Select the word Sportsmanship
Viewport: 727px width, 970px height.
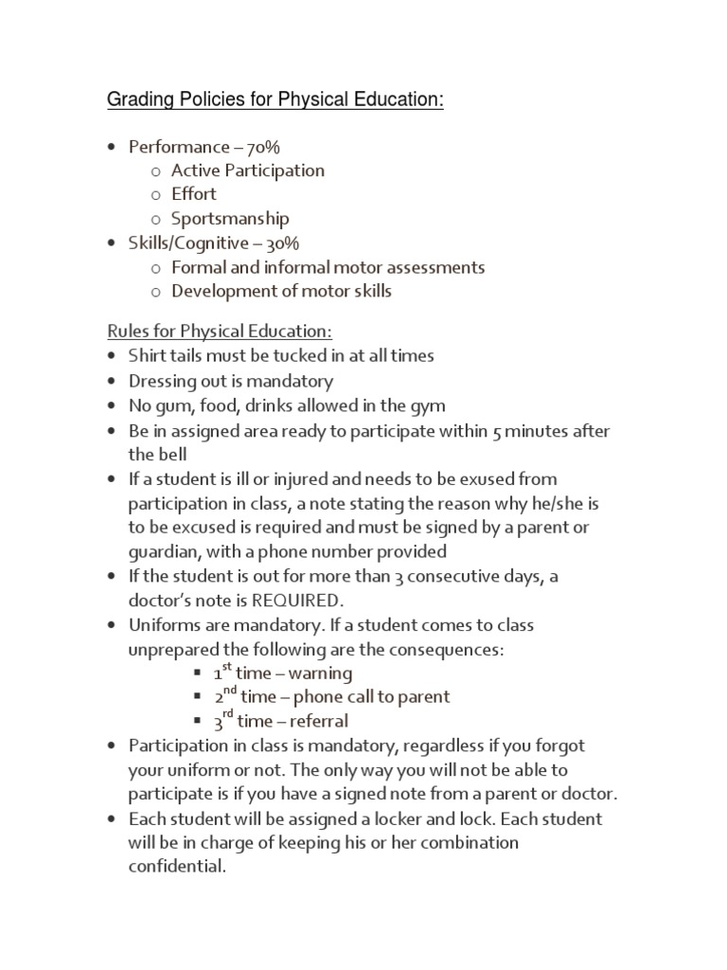[230, 217]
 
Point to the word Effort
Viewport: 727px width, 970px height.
[194, 194]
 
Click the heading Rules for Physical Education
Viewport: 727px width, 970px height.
[219, 332]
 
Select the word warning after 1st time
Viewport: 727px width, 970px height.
[321, 674]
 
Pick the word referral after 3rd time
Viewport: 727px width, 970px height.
[317, 721]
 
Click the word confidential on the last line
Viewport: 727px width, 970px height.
[178, 866]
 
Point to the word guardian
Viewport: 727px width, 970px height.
[164, 551]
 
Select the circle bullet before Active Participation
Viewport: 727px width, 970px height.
[156, 171]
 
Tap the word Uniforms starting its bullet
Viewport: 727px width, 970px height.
[164, 625]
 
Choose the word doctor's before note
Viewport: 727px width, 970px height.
[163, 601]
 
